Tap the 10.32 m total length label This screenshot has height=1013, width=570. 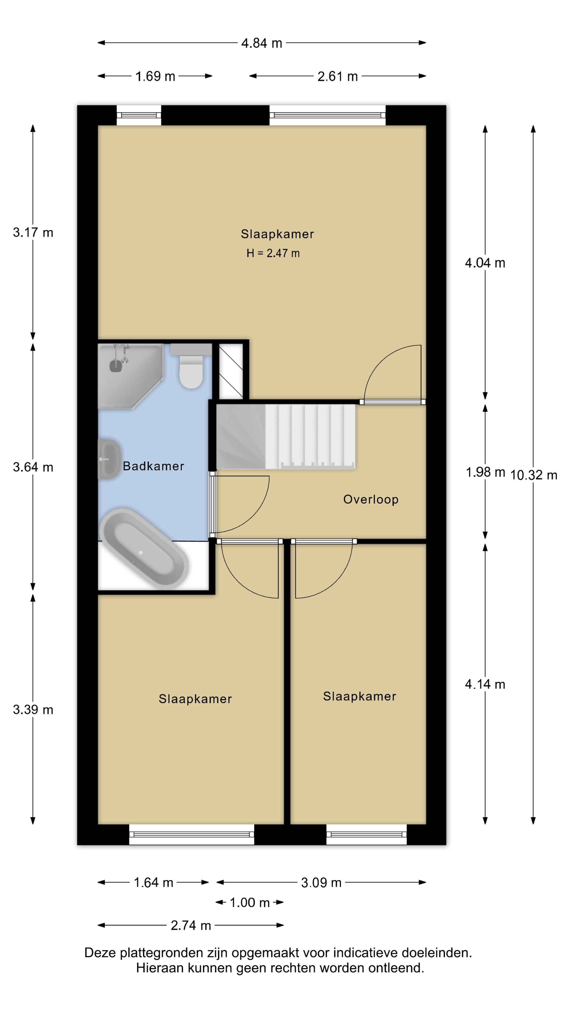coord(533,475)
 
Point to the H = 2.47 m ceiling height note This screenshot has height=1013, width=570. coord(273,253)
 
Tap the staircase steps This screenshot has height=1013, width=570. coord(286,437)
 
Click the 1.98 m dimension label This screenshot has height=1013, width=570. coord(485,472)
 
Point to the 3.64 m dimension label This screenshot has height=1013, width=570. coord(33,467)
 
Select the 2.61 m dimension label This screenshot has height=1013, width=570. coord(338,76)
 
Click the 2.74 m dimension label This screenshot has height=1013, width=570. coord(191,925)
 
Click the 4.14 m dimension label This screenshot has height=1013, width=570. coord(485,684)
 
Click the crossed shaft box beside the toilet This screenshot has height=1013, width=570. coord(231,372)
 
